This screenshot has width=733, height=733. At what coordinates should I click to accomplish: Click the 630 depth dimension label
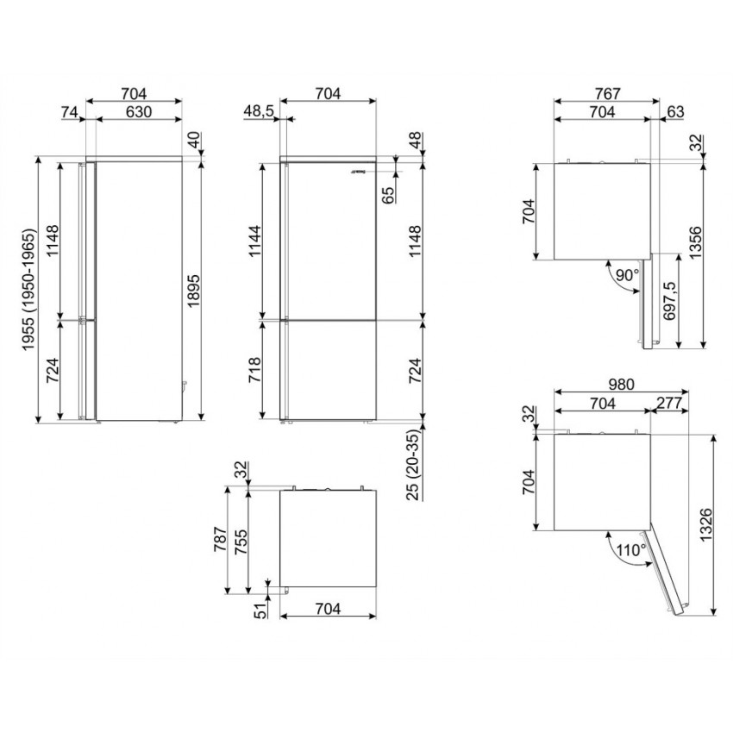coord(139,112)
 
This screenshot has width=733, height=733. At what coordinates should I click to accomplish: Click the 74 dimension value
coord(70,112)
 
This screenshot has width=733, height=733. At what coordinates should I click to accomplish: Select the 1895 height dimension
coord(193,291)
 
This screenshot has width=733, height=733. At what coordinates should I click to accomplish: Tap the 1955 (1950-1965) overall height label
coord(28,290)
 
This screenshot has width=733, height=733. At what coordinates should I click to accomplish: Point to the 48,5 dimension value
coord(259,112)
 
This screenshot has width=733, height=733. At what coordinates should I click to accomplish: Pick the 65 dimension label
coord(388,196)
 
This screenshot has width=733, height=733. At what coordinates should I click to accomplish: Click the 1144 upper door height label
coord(255,241)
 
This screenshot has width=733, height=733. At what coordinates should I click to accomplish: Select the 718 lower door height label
coord(255,370)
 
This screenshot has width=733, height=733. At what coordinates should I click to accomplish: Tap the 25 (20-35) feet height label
coord(414,465)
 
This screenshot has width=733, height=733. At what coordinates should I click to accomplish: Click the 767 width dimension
coord(607,94)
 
